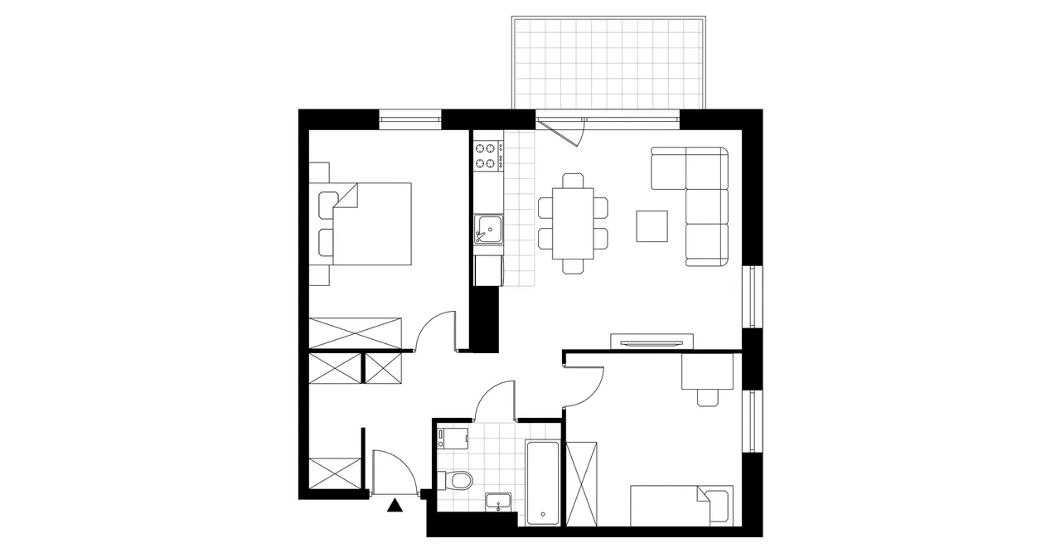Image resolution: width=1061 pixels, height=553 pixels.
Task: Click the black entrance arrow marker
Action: pyautogui.click(x=395, y=505)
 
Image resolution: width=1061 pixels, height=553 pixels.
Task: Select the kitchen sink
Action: pyautogui.click(x=488, y=227)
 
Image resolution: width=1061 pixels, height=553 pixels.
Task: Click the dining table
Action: pyautogui.click(x=572, y=223)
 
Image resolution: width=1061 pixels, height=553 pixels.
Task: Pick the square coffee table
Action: pyautogui.click(x=652, y=226)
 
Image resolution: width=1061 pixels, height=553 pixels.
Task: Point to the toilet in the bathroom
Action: pyautogui.click(x=457, y=480)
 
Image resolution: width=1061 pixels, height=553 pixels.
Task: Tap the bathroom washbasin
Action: pyautogui.click(x=498, y=501)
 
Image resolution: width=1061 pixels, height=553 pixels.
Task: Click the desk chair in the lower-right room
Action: pyautogui.click(x=707, y=397)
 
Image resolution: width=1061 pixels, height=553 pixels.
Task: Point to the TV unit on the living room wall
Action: pyautogui.click(x=652, y=341)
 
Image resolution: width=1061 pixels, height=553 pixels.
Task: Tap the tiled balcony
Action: pyautogui.click(x=608, y=63)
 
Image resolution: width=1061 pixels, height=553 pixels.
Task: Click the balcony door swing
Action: pyautogui.click(x=564, y=131)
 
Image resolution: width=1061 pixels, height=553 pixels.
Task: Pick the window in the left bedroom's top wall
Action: pyautogui.click(x=410, y=119)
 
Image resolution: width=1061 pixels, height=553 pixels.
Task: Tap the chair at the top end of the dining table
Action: pyautogui.click(x=572, y=181)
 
